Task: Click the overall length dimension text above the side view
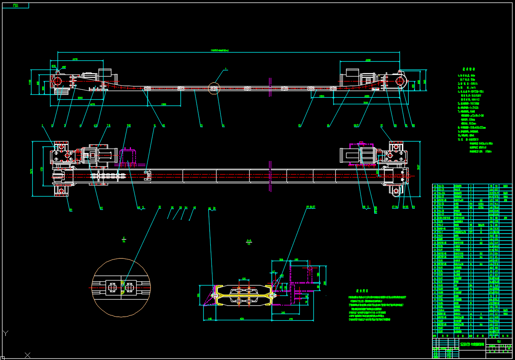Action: pyautogui.click(x=220, y=50)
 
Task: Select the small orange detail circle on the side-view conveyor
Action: pyautogui.click(x=214, y=88)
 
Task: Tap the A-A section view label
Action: pyautogui.click(x=249, y=240)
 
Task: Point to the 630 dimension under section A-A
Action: pyautogui.click(x=242, y=319)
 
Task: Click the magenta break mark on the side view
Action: pyautogui.click(x=270, y=86)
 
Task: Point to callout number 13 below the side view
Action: pyautogui.click(x=201, y=125)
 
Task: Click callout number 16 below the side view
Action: pyautogui.click(x=328, y=125)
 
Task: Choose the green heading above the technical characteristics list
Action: pyautogui.click(x=469, y=69)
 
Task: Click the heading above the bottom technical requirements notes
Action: pyautogui.click(x=363, y=291)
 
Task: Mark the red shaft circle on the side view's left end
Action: pyautogui.click(x=58, y=81)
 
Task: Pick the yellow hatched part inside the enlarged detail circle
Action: pyautogui.click(x=123, y=287)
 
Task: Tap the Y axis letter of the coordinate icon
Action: pyautogui.click(x=5, y=332)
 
